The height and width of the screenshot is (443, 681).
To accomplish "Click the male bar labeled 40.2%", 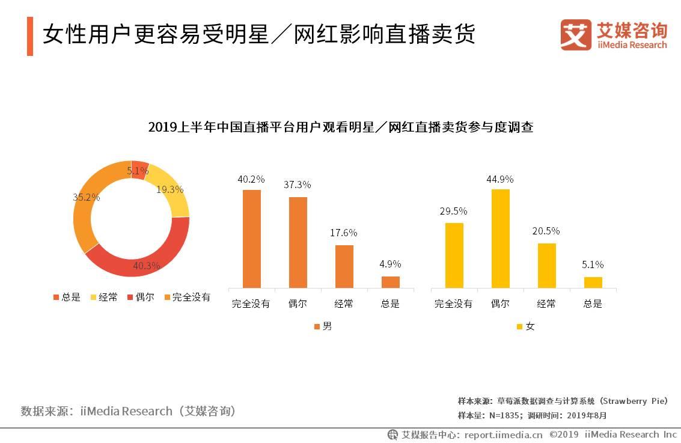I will click(x=251, y=239).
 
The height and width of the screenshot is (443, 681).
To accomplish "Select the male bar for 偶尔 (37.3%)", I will click(x=298, y=242).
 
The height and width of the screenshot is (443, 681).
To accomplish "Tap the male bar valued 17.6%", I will click(x=344, y=266).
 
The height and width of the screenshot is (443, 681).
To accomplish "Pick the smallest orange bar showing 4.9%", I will click(x=390, y=282).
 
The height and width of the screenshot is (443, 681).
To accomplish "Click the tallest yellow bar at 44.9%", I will click(x=500, y=239).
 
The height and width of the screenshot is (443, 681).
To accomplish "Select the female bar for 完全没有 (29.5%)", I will click(x=454, y=255).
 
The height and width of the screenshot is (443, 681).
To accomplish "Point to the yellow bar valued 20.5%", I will click(x=546, y=265).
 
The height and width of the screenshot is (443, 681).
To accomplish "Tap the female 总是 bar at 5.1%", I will click(x=593, y=282).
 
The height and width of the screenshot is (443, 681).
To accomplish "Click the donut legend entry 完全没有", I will click(x=187, y=297).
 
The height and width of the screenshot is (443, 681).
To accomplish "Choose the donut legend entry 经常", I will click(x=103, y=297).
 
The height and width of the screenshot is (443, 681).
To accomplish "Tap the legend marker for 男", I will click(x=317, y=326).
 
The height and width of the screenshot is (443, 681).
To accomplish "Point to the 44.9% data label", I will click(x=500, y=179).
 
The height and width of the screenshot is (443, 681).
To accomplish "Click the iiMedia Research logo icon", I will click(x=576, y=35).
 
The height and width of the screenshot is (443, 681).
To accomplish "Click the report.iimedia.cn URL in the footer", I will click(x=503, y=434).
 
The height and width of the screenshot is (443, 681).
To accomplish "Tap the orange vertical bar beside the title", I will click(x=30, y=36).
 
